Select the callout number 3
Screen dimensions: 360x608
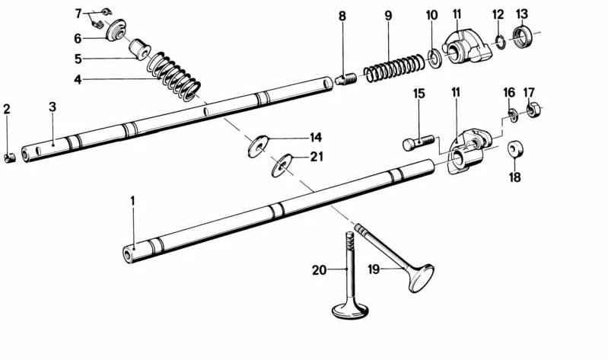point(52,107)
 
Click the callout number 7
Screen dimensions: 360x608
point(78,14)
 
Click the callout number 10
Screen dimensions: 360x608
point(431,15)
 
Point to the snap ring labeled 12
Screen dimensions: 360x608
point(498,43)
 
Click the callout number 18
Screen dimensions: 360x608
point(514,177)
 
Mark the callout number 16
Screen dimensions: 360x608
point(509,92)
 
